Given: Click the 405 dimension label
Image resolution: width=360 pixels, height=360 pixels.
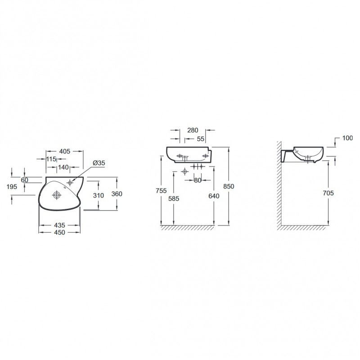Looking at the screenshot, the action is point(65,151).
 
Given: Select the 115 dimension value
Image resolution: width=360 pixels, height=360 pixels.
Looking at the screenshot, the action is point(51,159).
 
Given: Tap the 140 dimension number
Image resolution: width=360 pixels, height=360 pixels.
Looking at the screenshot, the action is point(63,167).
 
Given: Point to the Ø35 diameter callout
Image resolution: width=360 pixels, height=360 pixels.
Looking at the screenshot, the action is point(99,163).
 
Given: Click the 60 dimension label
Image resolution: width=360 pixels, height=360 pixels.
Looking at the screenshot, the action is point(24,180).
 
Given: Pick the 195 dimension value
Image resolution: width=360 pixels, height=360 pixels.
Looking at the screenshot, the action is point(12,187).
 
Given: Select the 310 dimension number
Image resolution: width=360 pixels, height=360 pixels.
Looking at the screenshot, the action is point(98,195).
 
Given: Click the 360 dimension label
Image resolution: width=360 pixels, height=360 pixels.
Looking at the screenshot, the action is point(117,194).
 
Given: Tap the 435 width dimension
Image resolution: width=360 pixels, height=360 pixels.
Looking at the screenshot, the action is point(60,225).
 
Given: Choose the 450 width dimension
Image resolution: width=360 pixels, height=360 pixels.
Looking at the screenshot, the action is point(60,232).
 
